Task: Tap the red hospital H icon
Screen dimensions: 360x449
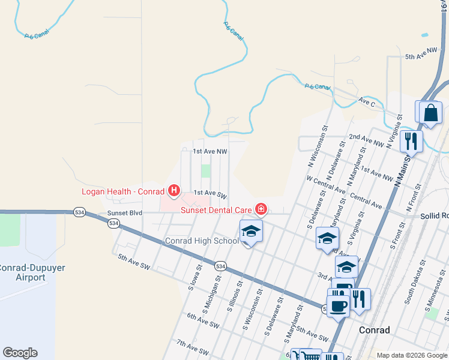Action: pyautogui.click(x=174, y=191)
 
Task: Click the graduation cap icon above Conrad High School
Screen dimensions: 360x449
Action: pyautogui.click(x=251, y=231)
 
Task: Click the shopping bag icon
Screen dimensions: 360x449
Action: pyautogui.click(x=430, y=112)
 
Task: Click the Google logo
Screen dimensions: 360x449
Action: pyautogui.click(x=20, y=353)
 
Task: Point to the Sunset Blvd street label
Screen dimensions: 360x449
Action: pyautogui.click(x=124, y=213)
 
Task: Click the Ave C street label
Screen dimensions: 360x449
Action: pyautogui.click(x=367, y=103)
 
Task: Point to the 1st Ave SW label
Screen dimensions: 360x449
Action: pyautogui.click(x=209, y=193)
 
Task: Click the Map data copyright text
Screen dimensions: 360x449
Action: pyautogui.click(x=411, y=355)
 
